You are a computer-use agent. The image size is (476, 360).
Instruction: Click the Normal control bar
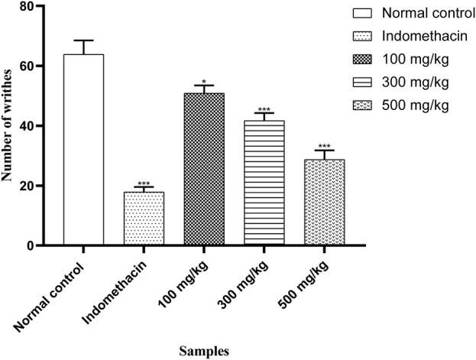[83, 150]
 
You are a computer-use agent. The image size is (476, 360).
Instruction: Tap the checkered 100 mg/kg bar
[203, 169]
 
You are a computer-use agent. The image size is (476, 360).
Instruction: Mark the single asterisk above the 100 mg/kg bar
[203, 79]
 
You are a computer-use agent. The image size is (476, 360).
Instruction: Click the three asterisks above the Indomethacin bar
[144, 183]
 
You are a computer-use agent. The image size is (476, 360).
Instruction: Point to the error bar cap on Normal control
[83, 41]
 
